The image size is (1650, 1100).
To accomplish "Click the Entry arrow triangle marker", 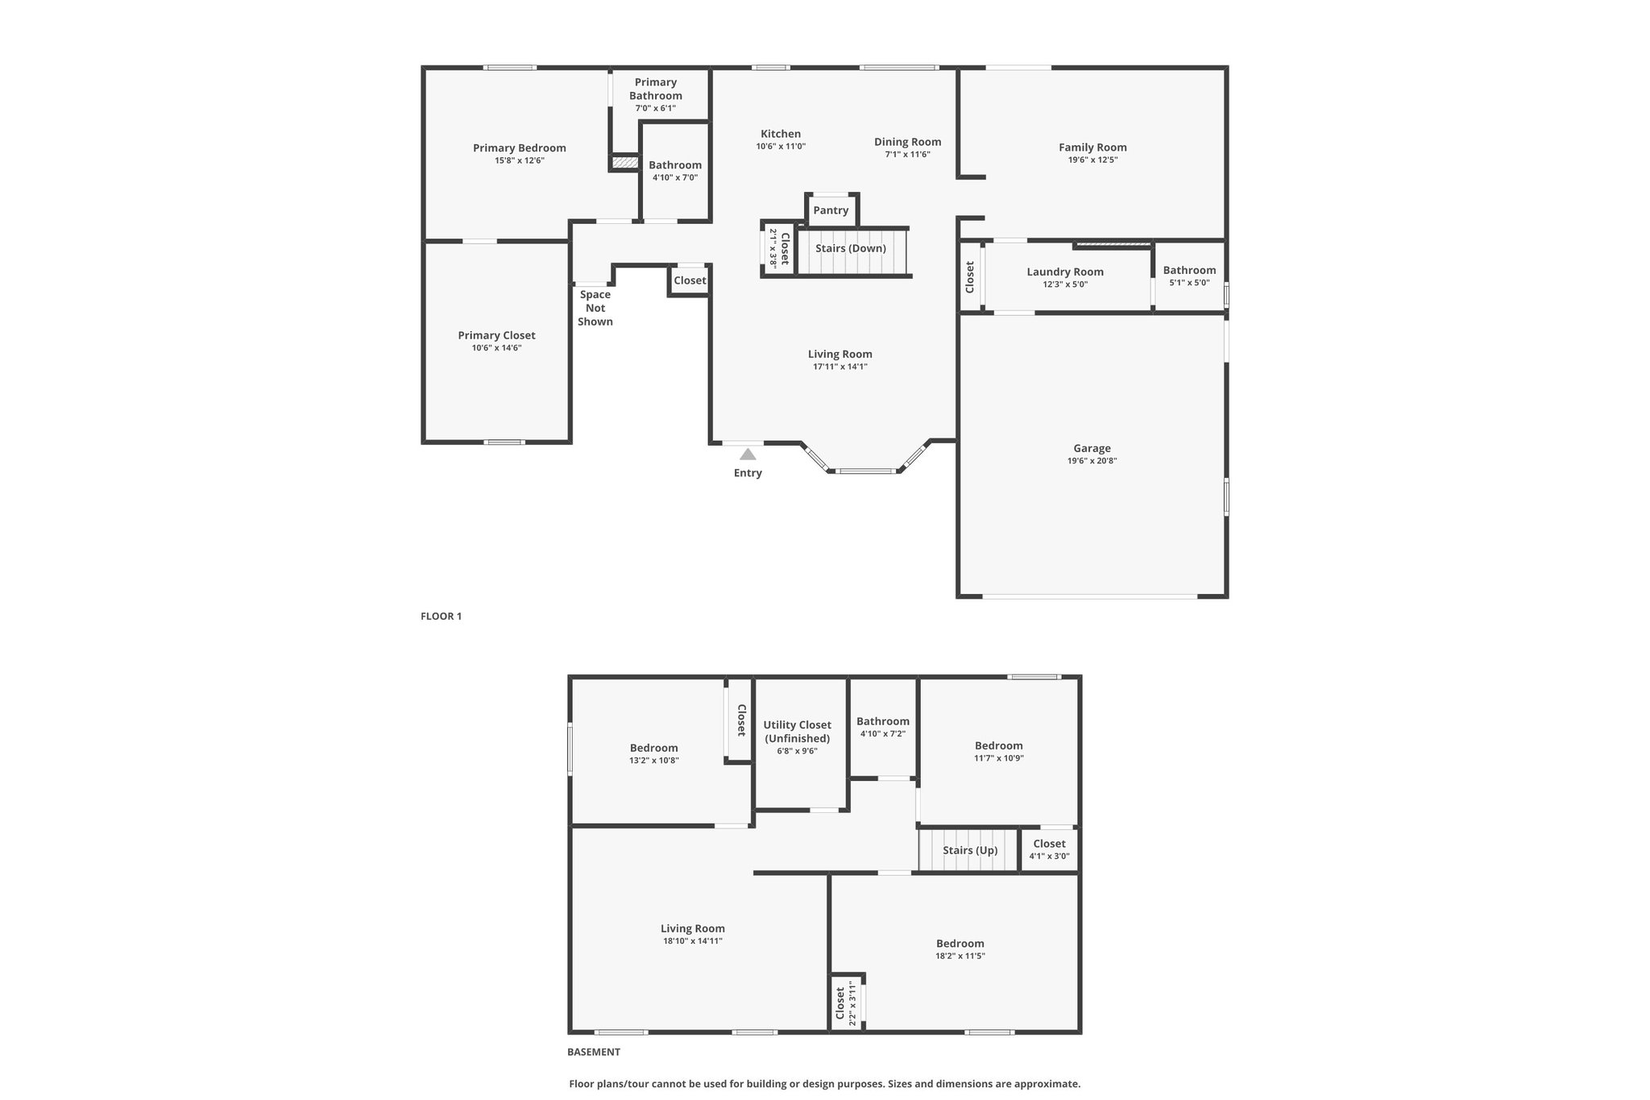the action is (x=748, y=455).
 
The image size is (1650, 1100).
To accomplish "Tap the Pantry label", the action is (x=831, y=210).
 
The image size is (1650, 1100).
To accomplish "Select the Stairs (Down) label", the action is (x=851, y=248).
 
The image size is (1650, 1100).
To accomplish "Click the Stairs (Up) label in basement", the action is (x=970, y=850).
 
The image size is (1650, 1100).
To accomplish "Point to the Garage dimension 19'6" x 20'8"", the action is (x=1092, y=461).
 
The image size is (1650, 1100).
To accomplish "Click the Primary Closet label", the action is (x=496, y=335).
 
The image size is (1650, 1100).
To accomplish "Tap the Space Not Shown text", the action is (x=595, y=308).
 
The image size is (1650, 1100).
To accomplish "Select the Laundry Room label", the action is (x=1065, y=272).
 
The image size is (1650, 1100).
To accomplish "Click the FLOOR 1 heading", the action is (x=442, y=616).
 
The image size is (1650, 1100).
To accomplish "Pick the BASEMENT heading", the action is (x=594, y=1052).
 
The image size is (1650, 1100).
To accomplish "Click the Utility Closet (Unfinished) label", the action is (x=798, y=732).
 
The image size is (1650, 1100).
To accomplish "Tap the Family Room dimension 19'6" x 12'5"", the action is (x=1092, y=160).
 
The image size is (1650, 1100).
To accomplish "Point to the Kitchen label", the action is (x=781, y=134).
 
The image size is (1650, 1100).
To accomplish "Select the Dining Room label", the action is (x=908, y=142).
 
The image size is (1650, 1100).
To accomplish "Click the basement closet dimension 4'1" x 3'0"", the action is (x=1050, y=856).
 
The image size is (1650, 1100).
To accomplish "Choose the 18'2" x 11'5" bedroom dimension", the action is (x=960, y=956).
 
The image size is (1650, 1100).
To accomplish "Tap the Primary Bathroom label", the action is (x=656, y=89).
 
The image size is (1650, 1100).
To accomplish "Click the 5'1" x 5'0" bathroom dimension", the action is (x=1189, y=283).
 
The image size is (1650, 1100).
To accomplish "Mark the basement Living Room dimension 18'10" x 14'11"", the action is (x=693, y=940).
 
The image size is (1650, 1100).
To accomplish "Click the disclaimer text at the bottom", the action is (x=825, y=1084).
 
